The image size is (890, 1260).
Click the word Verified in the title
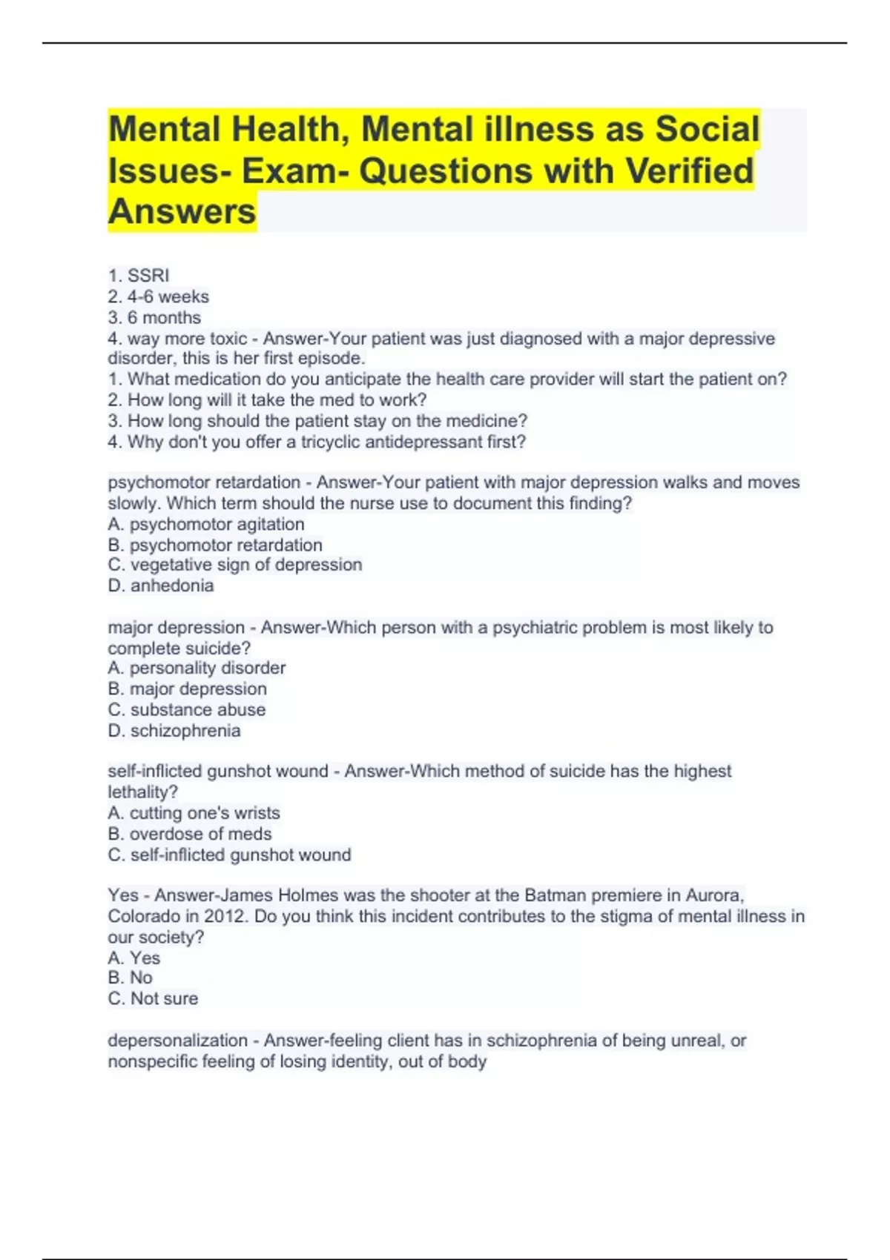[689, 170]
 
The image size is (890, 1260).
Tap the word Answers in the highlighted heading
[182, 211]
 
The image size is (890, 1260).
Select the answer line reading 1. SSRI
[139, 276]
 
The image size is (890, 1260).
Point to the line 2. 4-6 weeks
[158, 296]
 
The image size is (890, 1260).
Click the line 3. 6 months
[154, 317]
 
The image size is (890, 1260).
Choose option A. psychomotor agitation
[206, 524]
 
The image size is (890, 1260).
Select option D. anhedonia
[161, 586]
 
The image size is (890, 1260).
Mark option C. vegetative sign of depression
[235, 565]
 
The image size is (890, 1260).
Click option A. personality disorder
[197, 668]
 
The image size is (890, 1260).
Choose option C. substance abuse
[187, 709]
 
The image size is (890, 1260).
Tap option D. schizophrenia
[174, 731]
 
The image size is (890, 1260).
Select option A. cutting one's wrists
[194, 813]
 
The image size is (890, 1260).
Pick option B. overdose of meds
[190, 834]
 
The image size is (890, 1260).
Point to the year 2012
[225, 916]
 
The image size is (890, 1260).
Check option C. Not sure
[153, 999]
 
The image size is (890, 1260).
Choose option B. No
[130, 978]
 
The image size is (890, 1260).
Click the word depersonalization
[177, 1041]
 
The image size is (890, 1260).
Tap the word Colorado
[144, 916]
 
